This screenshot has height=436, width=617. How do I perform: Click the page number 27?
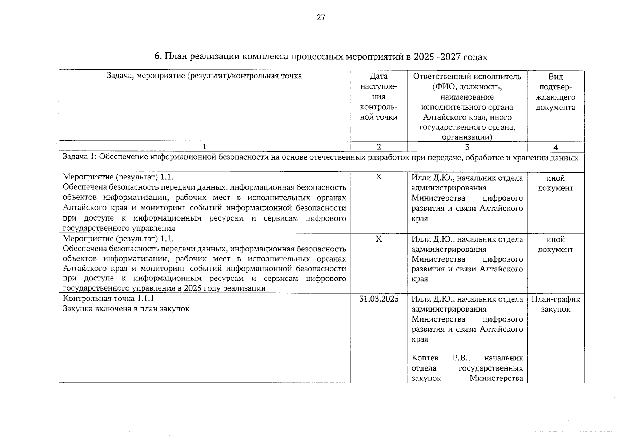(x=321, y=17)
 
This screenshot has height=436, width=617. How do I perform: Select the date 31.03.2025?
(x=378, y=299)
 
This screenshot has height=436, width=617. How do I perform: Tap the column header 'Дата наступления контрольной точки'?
(x=378, y=97)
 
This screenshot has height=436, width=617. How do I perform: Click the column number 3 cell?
(x=467, y=147)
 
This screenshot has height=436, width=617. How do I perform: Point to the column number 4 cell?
(x=556, y=147)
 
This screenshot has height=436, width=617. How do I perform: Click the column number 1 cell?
(x=204, y=146)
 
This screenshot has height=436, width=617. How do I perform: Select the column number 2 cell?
(x=378, y=147)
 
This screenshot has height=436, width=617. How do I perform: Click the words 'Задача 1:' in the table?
(x=79, y=157)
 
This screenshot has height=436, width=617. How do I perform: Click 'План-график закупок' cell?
(x=556, y=304)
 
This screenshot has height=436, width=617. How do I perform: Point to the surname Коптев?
(x=425, y=358)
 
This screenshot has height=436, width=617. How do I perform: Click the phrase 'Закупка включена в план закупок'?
(x=126, y=309)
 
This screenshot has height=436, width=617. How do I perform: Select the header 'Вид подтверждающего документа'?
(x=556, y=92)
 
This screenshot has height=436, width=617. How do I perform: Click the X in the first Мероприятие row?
(x=378, y=177)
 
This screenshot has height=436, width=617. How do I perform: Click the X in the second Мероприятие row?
(x=378, y=239)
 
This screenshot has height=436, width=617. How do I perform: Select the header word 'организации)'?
(x=467, y=137)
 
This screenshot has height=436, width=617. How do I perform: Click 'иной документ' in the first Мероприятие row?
(x=556, y=183)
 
